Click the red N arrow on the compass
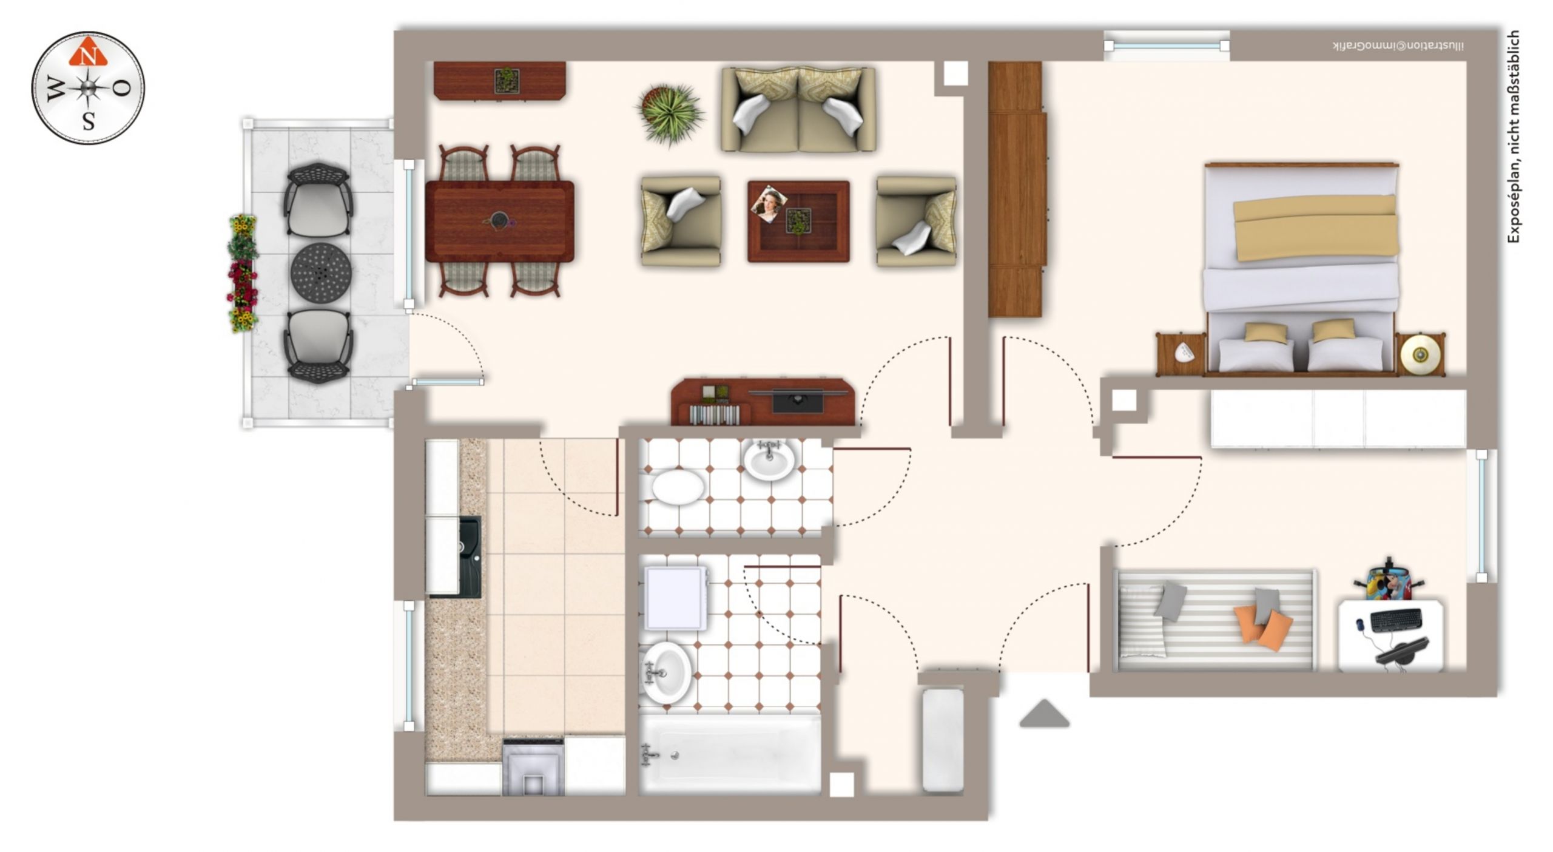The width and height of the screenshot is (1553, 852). point(88,52)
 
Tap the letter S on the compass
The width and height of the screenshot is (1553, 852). point(89,122)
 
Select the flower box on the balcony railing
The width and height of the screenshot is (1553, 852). point(243,273)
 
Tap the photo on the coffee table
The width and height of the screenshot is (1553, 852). point(769,203)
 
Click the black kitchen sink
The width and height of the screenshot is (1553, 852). point(469,556)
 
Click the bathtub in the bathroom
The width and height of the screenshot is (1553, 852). point(730,754)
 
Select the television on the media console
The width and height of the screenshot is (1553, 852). point(798,401)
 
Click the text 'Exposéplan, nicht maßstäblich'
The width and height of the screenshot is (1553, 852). point(1514,137)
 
